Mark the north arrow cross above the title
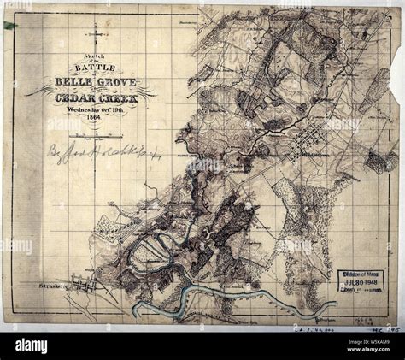[94, 35]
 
